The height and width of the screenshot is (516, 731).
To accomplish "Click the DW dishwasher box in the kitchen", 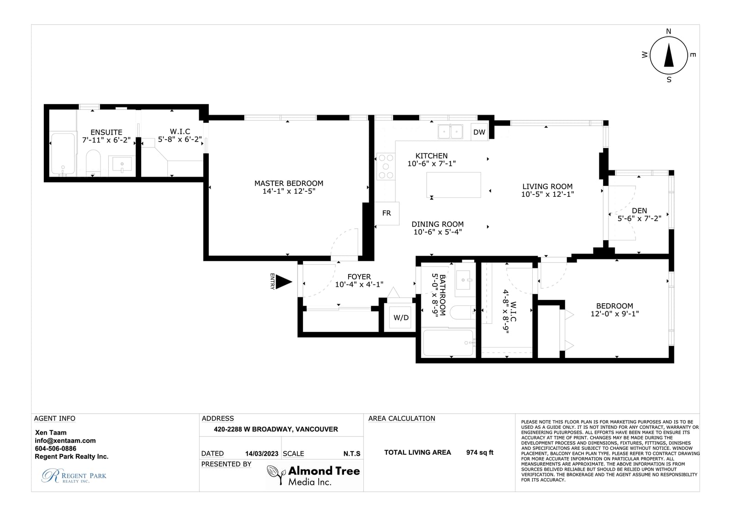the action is click(479, 132).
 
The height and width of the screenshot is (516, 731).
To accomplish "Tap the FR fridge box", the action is click(387, 213).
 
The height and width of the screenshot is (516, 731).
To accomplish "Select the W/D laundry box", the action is click(400, 317).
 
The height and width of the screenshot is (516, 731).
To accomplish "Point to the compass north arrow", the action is click(669, 55).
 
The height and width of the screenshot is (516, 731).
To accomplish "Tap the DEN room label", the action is click(639, 211).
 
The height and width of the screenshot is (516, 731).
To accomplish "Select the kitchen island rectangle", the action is click(454, 185).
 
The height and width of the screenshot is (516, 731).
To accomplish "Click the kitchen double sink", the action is click(450, 132).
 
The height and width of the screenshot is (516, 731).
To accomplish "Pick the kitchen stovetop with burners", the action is click(386, 167).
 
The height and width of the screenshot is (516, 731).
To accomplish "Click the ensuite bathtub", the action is click(63, 153).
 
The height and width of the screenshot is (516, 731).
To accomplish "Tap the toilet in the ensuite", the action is click(93, 163).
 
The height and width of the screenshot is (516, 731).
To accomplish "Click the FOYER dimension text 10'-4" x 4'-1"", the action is click(359, 284).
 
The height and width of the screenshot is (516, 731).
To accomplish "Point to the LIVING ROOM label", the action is click(547, 187).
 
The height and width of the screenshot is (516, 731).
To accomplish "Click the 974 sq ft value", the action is click(480, 453).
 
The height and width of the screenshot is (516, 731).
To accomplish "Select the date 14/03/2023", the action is click(262, 454).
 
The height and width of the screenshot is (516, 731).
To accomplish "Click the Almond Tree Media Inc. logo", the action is click(313, 475).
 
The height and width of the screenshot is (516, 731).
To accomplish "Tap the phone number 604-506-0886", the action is click(55, 448).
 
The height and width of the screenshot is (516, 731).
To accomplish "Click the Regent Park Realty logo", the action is click(74, 476).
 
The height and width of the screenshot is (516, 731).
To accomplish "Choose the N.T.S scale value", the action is click(352, 454).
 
